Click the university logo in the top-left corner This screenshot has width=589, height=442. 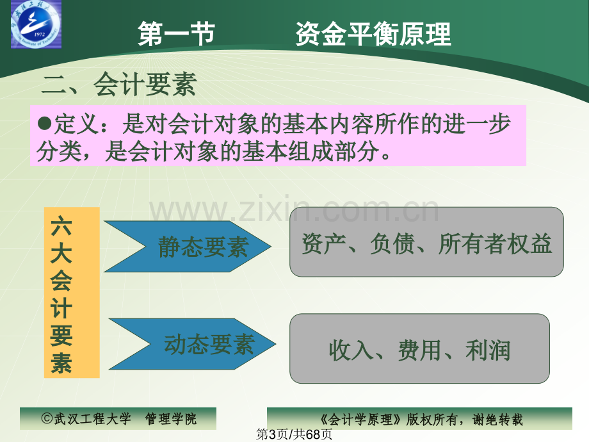pyautogui.click(x=36, y=25)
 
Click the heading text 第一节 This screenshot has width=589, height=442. pyautogui.click(x=176, y=34)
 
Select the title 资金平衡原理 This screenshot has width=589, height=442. pyautogui.click(x=373, y=34)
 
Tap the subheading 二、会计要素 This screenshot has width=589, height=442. pyautogui.click(x=118, y=85)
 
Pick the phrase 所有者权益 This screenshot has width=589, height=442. pyautogui.click(x=495, y=244)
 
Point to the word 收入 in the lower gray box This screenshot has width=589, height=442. pyautogui.click(x=350, y=350)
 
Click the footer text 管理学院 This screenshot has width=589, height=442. pyautogui.click(x=172, y=420)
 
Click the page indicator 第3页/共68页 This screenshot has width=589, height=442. pyautogui.click(x=294, y=435)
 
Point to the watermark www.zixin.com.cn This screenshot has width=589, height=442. pyautogui.click(x=294, y=211)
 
